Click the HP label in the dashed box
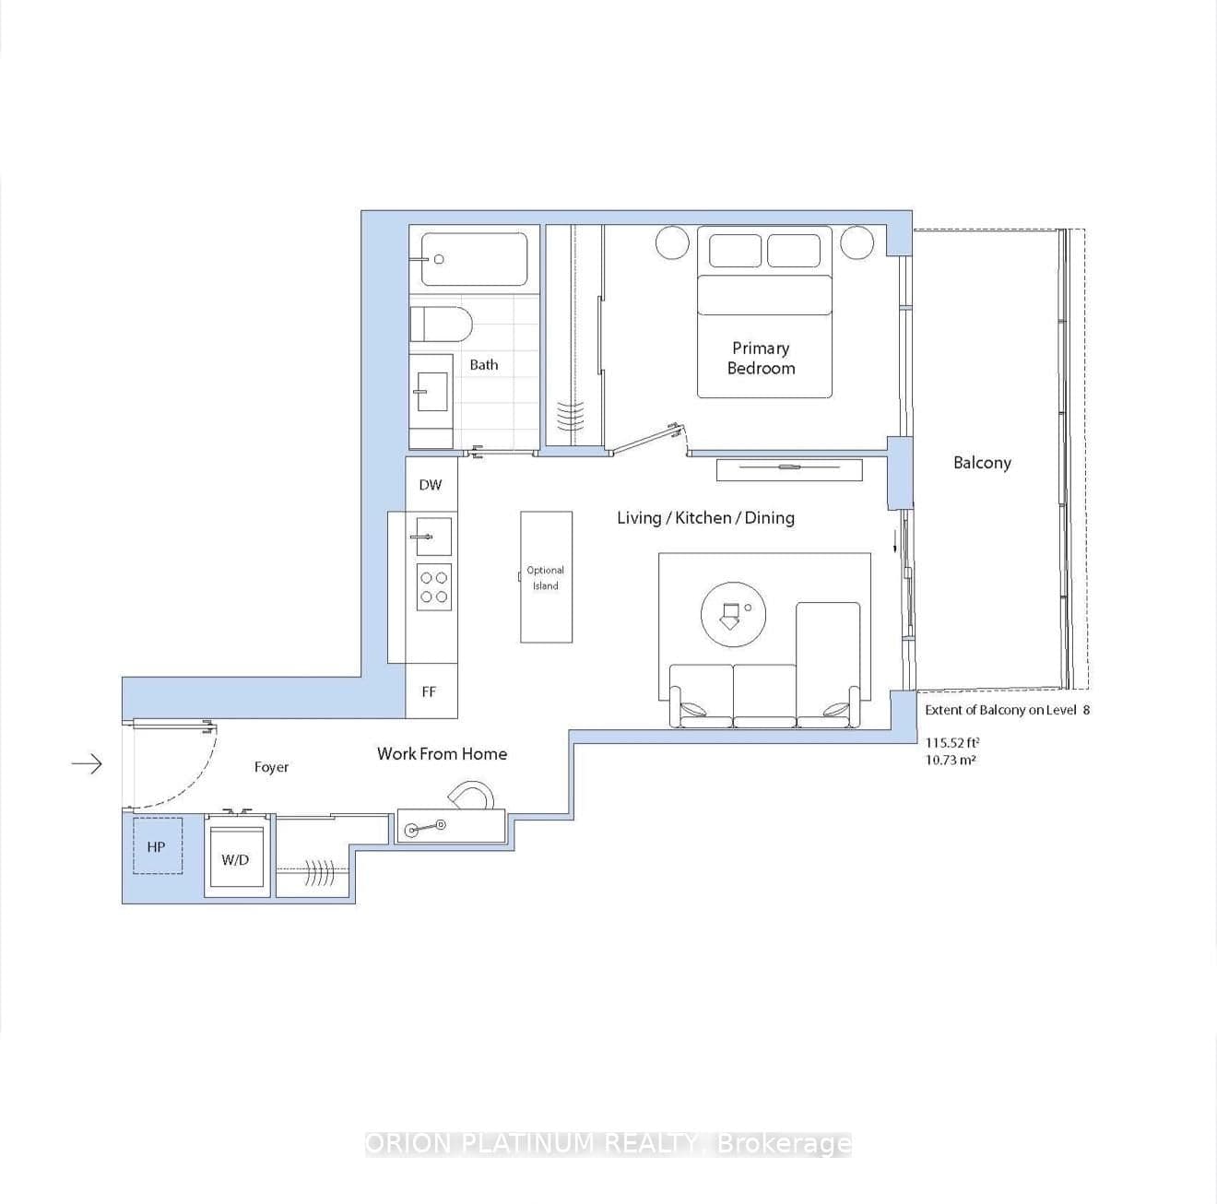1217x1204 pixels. tap(156, 846)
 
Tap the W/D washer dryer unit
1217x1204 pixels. tap(236, 859)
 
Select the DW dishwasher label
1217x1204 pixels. tap(431, 485)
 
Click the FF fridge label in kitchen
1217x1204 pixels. tap(429, 691)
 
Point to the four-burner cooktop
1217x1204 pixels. tap(434, 587)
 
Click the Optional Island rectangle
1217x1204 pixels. tap(546, 578)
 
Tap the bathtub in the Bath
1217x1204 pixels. tap(475, 259)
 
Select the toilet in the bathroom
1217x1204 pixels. tap(441, 325)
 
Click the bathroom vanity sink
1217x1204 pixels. tap(431, 391)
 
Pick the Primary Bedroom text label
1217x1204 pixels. tap(761, 358)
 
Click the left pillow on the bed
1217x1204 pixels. tap(735, 251)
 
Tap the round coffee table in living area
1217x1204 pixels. tap(733, 613)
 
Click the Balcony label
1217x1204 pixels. tap(982, 463)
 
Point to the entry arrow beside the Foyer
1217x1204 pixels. tap(87, 763)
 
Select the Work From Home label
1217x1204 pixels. tap(442, 754)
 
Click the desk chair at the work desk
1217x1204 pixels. tap(471, 796)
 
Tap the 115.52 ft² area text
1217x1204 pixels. tap(952, 742)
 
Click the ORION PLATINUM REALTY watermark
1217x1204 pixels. tap(608, 1144)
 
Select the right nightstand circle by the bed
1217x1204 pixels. tap(856, 242)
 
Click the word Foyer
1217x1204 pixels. tap(271, 767)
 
